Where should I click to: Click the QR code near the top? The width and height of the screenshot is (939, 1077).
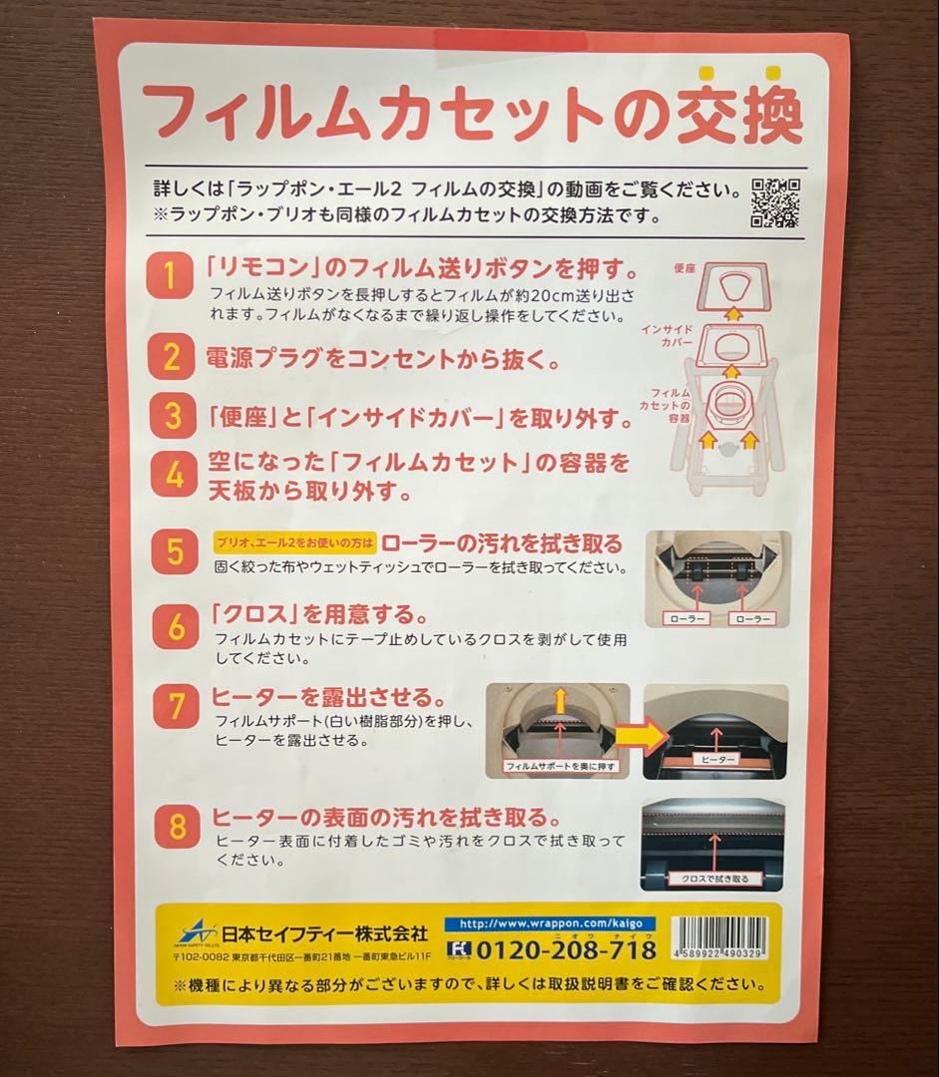tap(774, 202)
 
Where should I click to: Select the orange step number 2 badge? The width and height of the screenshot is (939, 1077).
tap(172, 356)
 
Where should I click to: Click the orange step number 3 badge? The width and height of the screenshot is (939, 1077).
tap(172, 415)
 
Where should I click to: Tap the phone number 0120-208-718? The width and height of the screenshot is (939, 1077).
tap(565, 949)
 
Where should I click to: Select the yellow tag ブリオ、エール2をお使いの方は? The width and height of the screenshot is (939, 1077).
tap(294, 543)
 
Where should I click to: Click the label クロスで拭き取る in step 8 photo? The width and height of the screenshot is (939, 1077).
tap(712, 879)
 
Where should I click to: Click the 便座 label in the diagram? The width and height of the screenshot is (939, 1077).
tap(684, 268)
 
